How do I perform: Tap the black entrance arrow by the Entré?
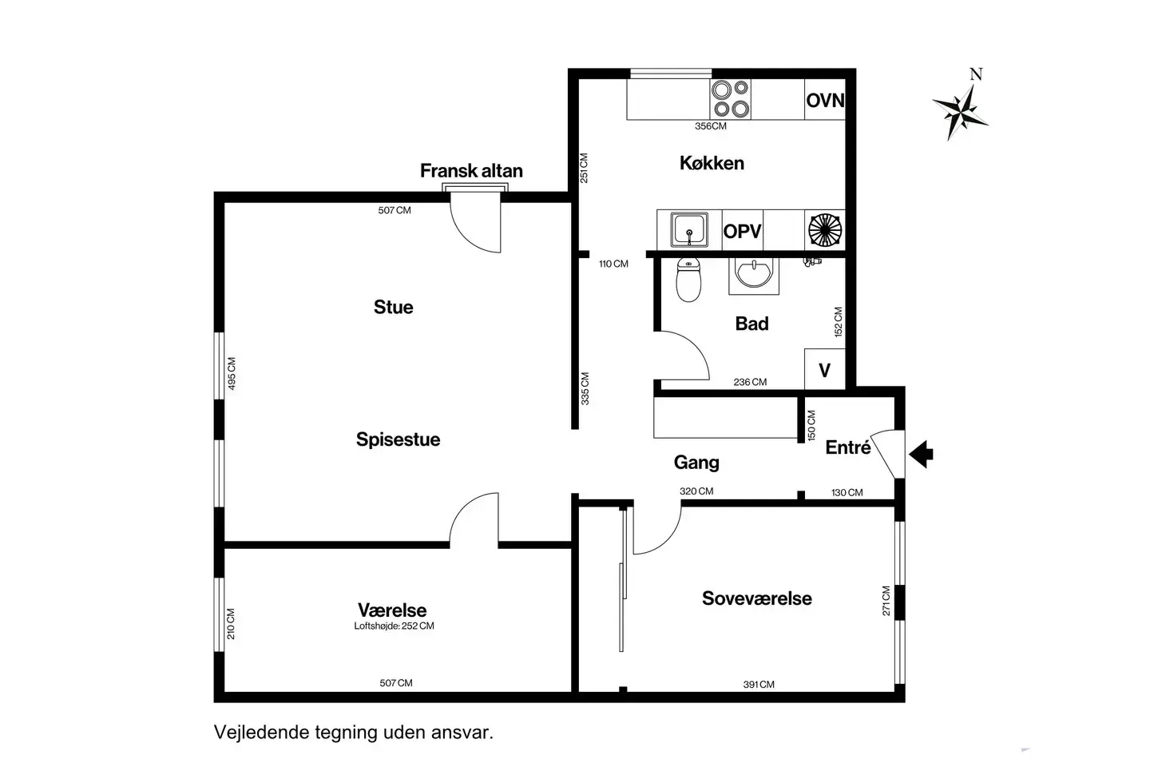tap(921, 454)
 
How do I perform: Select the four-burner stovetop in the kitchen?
tap(731, 99)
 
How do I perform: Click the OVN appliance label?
tap(825, 100)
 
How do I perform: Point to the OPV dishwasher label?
tap(743, 232)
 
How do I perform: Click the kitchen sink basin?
tap(689, 229)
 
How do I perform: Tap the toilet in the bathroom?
tap(688, 280)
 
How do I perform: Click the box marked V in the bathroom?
tap(824, 369)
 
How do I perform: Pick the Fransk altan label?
tap(471, 170)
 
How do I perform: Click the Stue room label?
tap(393, 308)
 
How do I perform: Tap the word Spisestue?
tap(398, 439)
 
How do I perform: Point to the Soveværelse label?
tap(757, 598)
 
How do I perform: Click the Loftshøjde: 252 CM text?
tap(394, 626)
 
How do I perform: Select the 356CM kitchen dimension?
tap(711, 126)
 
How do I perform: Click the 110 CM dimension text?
tap(613, 264)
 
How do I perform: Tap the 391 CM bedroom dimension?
tap(759, 685)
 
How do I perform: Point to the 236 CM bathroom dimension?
tap(750, 382)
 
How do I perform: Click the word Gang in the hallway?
tap(696, 463)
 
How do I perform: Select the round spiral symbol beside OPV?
tap(825, 229)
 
